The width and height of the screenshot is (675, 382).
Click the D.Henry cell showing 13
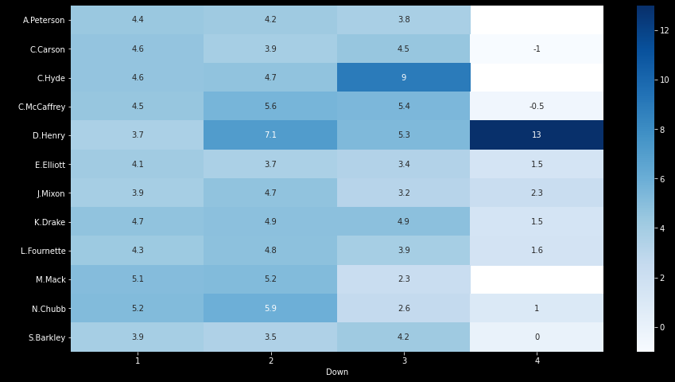coord(537,135)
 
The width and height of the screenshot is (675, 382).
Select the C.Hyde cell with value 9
coord(403,78)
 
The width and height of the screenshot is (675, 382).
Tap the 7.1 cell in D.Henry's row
coord(270,135)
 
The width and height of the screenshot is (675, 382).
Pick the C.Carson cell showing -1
coord(537,49)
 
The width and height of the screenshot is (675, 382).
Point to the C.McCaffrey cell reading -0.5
coord(537,107)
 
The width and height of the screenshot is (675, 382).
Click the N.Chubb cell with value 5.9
coord(270,308)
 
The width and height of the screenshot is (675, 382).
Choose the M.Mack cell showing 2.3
coord(403,279)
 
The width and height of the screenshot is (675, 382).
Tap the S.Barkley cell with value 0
coord(537,337)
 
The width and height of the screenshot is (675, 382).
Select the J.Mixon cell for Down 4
coord(537,193)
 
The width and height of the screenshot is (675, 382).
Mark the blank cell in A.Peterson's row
coord(537,20)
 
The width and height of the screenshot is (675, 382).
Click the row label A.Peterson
coord(44,20)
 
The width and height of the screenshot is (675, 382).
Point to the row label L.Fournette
coord(43,251)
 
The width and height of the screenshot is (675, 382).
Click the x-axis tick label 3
coord(403,361)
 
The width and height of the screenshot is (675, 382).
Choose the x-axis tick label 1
coord(138,361)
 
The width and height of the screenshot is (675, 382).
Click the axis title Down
coord(337,372)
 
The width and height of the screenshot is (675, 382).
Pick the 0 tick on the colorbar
coord(662,327)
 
